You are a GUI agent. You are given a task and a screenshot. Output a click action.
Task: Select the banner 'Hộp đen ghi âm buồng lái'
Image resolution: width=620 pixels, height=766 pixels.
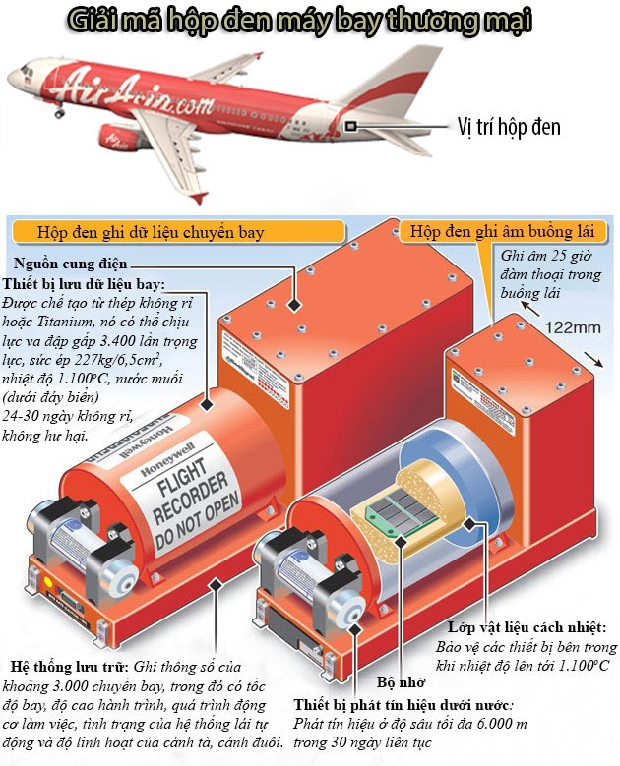pyautogui.click(x=505, y=232)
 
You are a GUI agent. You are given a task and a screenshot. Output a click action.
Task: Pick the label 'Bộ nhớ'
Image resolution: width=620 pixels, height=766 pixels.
pyautogui.click(x=400, y=681)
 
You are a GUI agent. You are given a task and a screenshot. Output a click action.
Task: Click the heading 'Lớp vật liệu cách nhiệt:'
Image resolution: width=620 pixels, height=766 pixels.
pyautogui.click(x=527, y=627)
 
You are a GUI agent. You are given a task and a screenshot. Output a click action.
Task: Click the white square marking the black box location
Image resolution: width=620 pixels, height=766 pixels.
pyautogui.click(x=351, y=125)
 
